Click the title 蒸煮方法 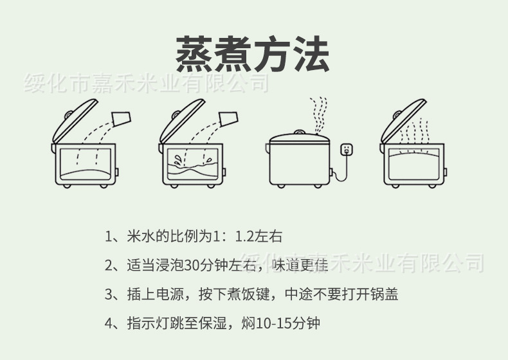253,53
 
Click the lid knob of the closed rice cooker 298,132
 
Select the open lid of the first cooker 73,120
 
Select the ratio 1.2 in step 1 246,237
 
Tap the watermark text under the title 145,83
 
